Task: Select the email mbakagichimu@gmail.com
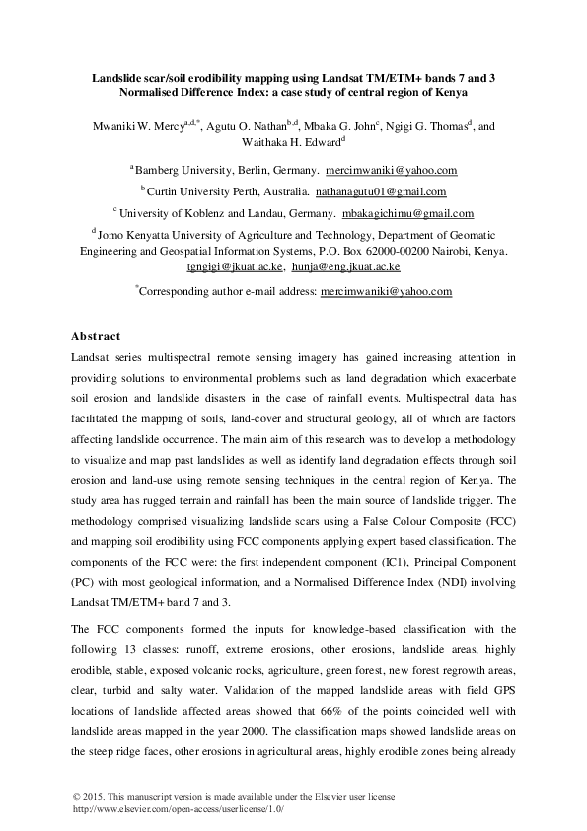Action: [406, 213]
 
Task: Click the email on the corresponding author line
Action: [387, 292]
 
